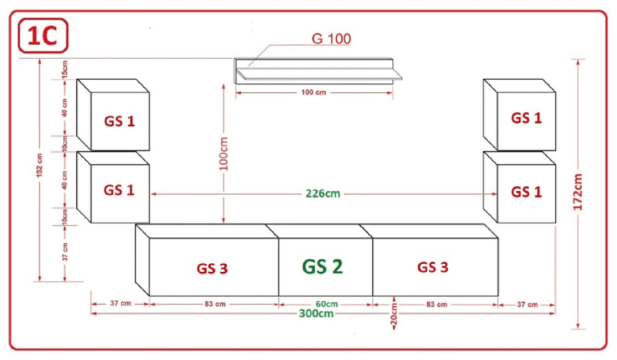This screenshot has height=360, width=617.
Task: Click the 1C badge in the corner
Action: coord(43,36)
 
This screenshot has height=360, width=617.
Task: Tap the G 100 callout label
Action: coord(331,38)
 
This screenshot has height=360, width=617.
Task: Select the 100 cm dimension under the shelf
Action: coord(314,92)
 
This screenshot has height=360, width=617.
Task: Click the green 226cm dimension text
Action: coord(323,194)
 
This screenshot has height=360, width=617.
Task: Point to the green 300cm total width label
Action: coord(316,314)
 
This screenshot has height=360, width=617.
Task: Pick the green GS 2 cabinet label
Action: coord(323,267)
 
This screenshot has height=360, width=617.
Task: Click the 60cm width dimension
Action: coord(327,304)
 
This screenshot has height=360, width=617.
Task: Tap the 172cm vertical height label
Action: coord(577,192)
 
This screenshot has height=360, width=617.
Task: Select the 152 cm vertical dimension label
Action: coord(40,165)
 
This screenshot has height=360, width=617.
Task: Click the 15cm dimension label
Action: coord(65,68)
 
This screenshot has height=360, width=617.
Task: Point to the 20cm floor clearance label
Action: coord(394,315)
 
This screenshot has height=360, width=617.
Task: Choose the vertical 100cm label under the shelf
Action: coord(224,154)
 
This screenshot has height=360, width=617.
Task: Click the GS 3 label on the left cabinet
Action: coord(212,268)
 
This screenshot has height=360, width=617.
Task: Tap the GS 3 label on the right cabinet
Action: coord(433,267)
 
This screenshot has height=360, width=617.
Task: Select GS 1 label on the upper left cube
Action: coord(119,121)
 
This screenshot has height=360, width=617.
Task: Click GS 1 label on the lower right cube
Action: coord(526,192)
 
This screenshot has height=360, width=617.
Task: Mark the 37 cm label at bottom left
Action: coord(121,303)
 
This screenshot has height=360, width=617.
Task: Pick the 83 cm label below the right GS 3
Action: coord(437,304)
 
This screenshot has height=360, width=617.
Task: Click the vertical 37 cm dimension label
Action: coord(65,252)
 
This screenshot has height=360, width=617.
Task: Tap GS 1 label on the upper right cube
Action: coord(526,118)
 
